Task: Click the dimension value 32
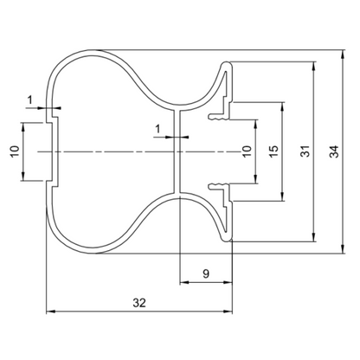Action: tap(139, 303)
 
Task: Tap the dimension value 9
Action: tap(206, 273)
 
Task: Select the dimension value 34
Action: tap(334, 151)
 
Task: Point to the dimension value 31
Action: tap(305, 151)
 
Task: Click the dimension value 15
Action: tap(274, 151)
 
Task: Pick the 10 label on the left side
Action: tap(15, 151)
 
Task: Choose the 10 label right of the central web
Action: tap(247, 151)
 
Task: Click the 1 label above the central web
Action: tap(157, 129)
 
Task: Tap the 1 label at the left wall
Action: tap(29, 100)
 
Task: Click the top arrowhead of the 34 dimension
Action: tap(343, 55)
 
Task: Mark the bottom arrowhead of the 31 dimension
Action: tap(313, 237)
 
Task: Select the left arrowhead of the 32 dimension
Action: tap(51, 312)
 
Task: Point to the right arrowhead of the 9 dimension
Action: tap(228, 282)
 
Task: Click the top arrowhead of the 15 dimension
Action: tap(283, 106)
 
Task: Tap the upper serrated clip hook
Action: tap(219, 117)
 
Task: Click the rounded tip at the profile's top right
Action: tap(227, 65)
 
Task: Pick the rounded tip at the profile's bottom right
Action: tap(227, 238)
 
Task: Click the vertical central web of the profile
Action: tap(177, 151)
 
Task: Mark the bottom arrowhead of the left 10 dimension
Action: tap(23, 177)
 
